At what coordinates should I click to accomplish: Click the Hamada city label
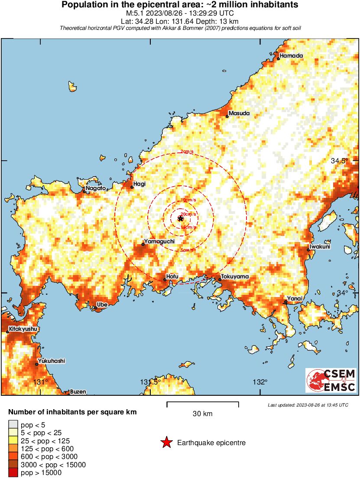pos(291,56)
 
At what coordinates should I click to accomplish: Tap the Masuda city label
pos(239,113)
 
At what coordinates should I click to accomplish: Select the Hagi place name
pos(139,184)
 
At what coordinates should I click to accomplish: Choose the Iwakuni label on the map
pos(319,247)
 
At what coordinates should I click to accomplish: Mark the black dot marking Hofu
pos(165,280)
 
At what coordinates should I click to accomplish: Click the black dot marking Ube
pos(96,308)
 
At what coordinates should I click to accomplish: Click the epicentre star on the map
pos(181,219)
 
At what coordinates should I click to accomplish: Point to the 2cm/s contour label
pos(187,152)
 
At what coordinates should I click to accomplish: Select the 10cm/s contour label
pos(188,200)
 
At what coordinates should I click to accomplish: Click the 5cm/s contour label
pos(187,250)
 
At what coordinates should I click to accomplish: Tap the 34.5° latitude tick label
pos(339,161)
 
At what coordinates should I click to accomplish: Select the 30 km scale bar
pos(202,405)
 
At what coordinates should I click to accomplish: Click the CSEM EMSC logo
pos(331,380)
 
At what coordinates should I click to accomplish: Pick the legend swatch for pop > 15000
pos(13,472)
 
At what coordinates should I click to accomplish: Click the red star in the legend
pos(166,442)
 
